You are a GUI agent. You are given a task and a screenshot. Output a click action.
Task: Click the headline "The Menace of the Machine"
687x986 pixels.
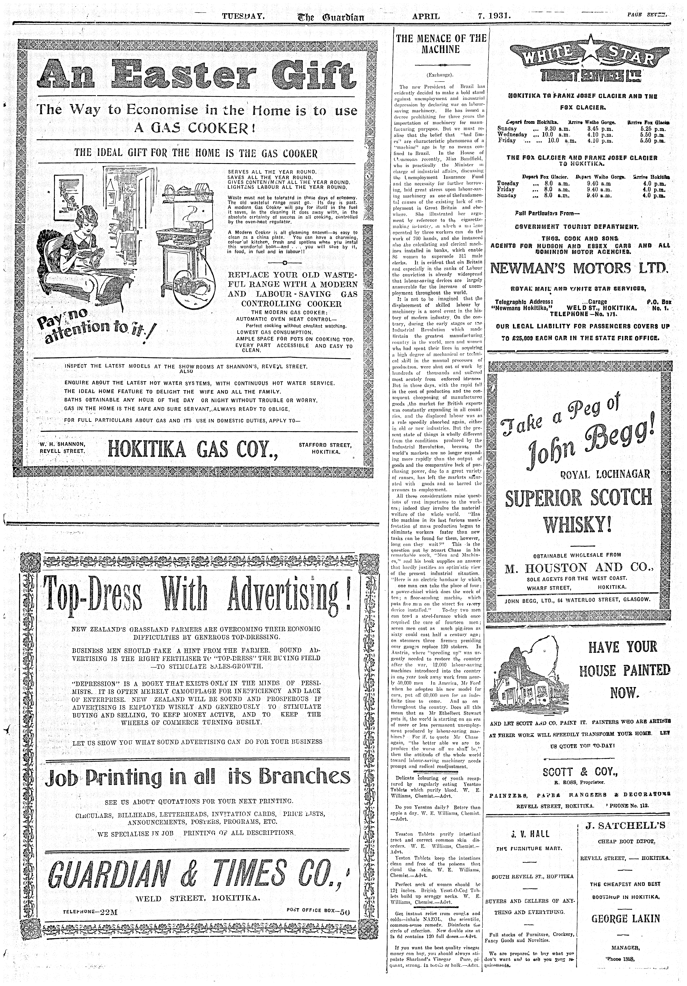click(x=441, y=44)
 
